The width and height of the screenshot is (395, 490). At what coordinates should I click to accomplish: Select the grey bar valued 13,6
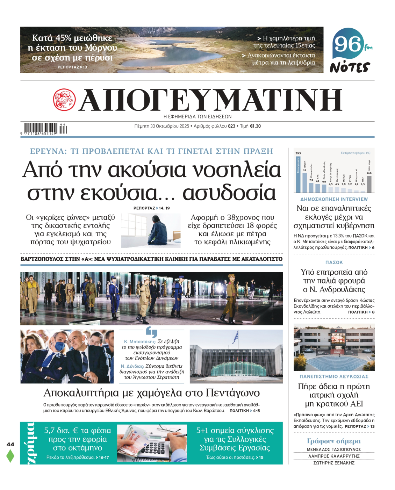(369, 184)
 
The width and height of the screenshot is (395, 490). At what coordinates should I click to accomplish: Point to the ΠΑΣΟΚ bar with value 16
(304, 182)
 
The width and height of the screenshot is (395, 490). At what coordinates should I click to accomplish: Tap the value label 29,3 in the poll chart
(298, 153)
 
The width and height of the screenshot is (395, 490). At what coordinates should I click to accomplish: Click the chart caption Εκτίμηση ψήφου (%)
(355, 153)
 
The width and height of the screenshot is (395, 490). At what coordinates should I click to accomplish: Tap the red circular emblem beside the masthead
(64, 100)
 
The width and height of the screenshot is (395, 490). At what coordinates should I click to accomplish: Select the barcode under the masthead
(41, 128)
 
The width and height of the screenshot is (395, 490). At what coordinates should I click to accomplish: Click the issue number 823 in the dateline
(231, 126)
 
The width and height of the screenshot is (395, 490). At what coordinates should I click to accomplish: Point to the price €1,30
(255, 126)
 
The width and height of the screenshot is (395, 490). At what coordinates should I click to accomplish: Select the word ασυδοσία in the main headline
(229, 193)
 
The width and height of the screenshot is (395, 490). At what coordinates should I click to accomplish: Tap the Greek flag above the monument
(236, 337)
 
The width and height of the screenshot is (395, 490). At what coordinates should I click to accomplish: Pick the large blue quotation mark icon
(151, 332)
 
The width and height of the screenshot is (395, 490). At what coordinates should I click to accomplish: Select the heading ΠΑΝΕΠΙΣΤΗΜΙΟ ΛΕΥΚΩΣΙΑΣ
(334, 376)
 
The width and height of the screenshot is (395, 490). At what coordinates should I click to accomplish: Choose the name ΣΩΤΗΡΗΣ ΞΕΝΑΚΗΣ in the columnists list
(334, 463)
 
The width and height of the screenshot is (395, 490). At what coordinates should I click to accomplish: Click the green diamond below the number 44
(10, 455)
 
